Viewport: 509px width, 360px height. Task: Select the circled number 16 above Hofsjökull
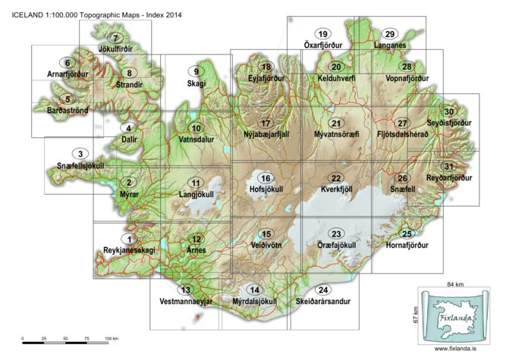(x=265, y=178)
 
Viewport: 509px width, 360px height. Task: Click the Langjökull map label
(x=196, y=195)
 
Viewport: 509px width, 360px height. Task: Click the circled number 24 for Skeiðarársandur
(x=324, y=290)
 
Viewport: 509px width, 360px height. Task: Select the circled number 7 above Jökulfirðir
(x=116, y=38)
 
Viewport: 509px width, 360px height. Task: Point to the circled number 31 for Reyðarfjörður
(x=448, y=167)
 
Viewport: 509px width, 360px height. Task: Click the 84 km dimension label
(x=453, y=283)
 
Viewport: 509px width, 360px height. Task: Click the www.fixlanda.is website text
(x=455, y=349)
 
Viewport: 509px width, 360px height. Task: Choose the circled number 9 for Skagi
(x=196, y=72)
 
